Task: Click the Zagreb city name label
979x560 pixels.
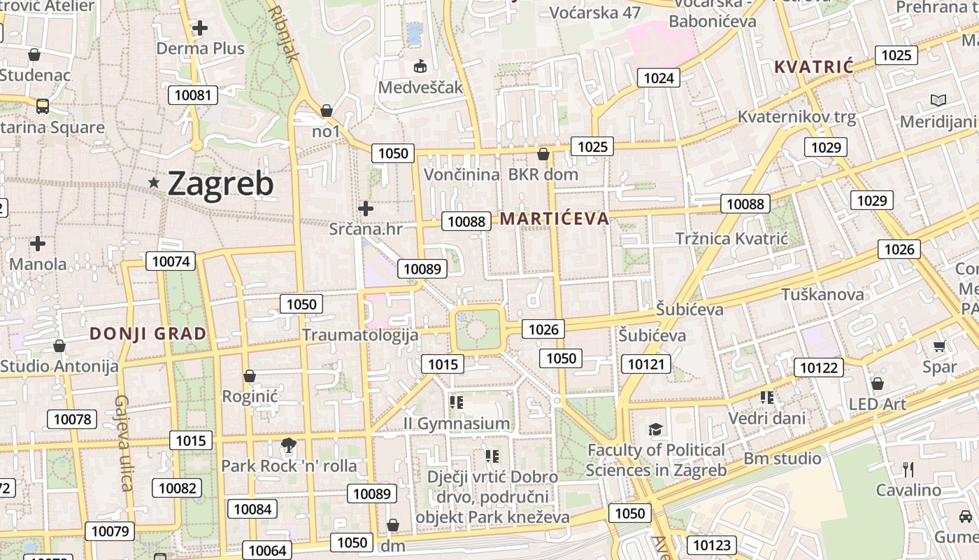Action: tap(220, 183)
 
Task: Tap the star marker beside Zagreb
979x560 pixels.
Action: tap(154, 183)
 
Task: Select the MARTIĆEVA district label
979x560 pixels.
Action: tap(554, 218)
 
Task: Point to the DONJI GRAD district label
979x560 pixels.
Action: tap(148, 333)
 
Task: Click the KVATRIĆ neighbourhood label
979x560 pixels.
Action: tap(814, 67)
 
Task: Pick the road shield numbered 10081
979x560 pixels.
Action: tap(193, 94)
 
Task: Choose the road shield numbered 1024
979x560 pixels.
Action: tap(659, 77)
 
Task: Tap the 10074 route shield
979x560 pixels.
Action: tap(170, 262)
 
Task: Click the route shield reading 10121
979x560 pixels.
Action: tap(646, 363)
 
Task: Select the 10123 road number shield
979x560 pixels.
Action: tap(711, 545)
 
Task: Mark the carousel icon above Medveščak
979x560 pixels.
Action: tap(420, 66)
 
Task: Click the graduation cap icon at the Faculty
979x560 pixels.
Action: tap(655, 429)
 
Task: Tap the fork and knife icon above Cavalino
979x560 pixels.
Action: tap(908, 469)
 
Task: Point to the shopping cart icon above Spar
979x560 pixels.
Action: tap(939, 346)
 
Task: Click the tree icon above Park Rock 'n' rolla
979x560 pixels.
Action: tap(287, 444)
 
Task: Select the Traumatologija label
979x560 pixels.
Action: tap(360, 335)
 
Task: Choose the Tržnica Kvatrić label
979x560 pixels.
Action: tap(731, 239)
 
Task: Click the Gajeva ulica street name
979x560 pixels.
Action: tap(123, 442)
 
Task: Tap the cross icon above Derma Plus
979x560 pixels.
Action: tap(200, 28)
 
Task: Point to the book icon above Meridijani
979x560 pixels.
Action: tap(938, 101)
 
